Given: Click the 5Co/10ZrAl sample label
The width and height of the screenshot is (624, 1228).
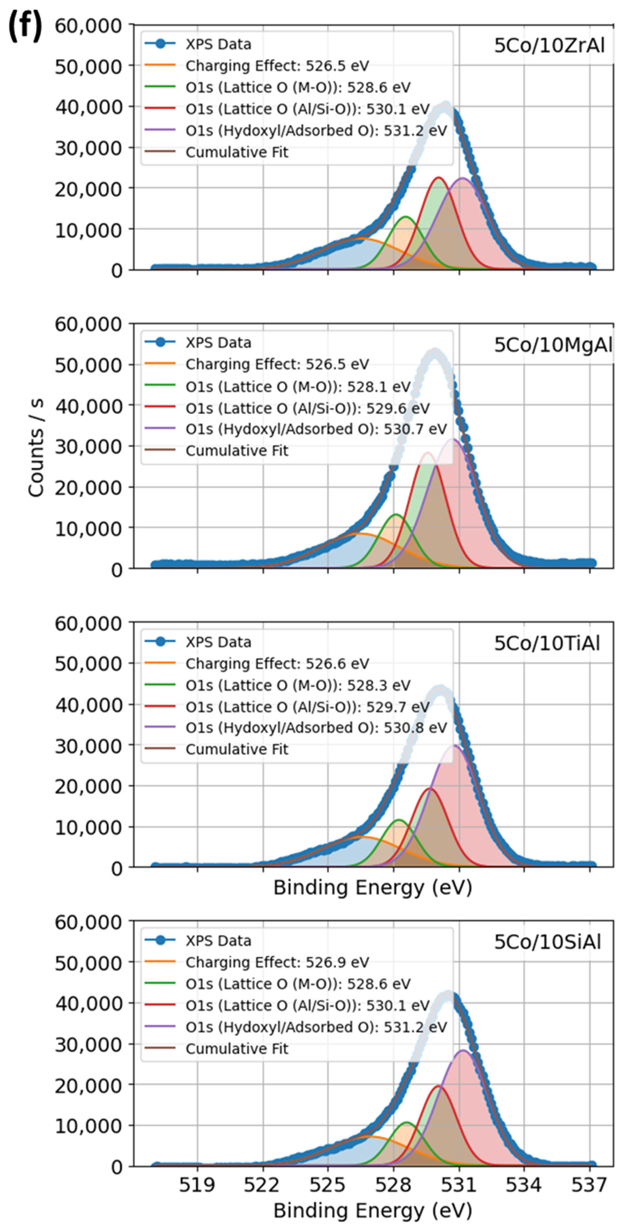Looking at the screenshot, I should [x=549, y=46].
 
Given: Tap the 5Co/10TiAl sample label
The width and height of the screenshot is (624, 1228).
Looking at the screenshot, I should [x=547, y=644].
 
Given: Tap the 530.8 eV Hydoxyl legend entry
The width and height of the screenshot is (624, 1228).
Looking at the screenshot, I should [x=315, y=728].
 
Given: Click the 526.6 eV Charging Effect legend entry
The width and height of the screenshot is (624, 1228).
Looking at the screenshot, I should [x=277, y=663].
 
